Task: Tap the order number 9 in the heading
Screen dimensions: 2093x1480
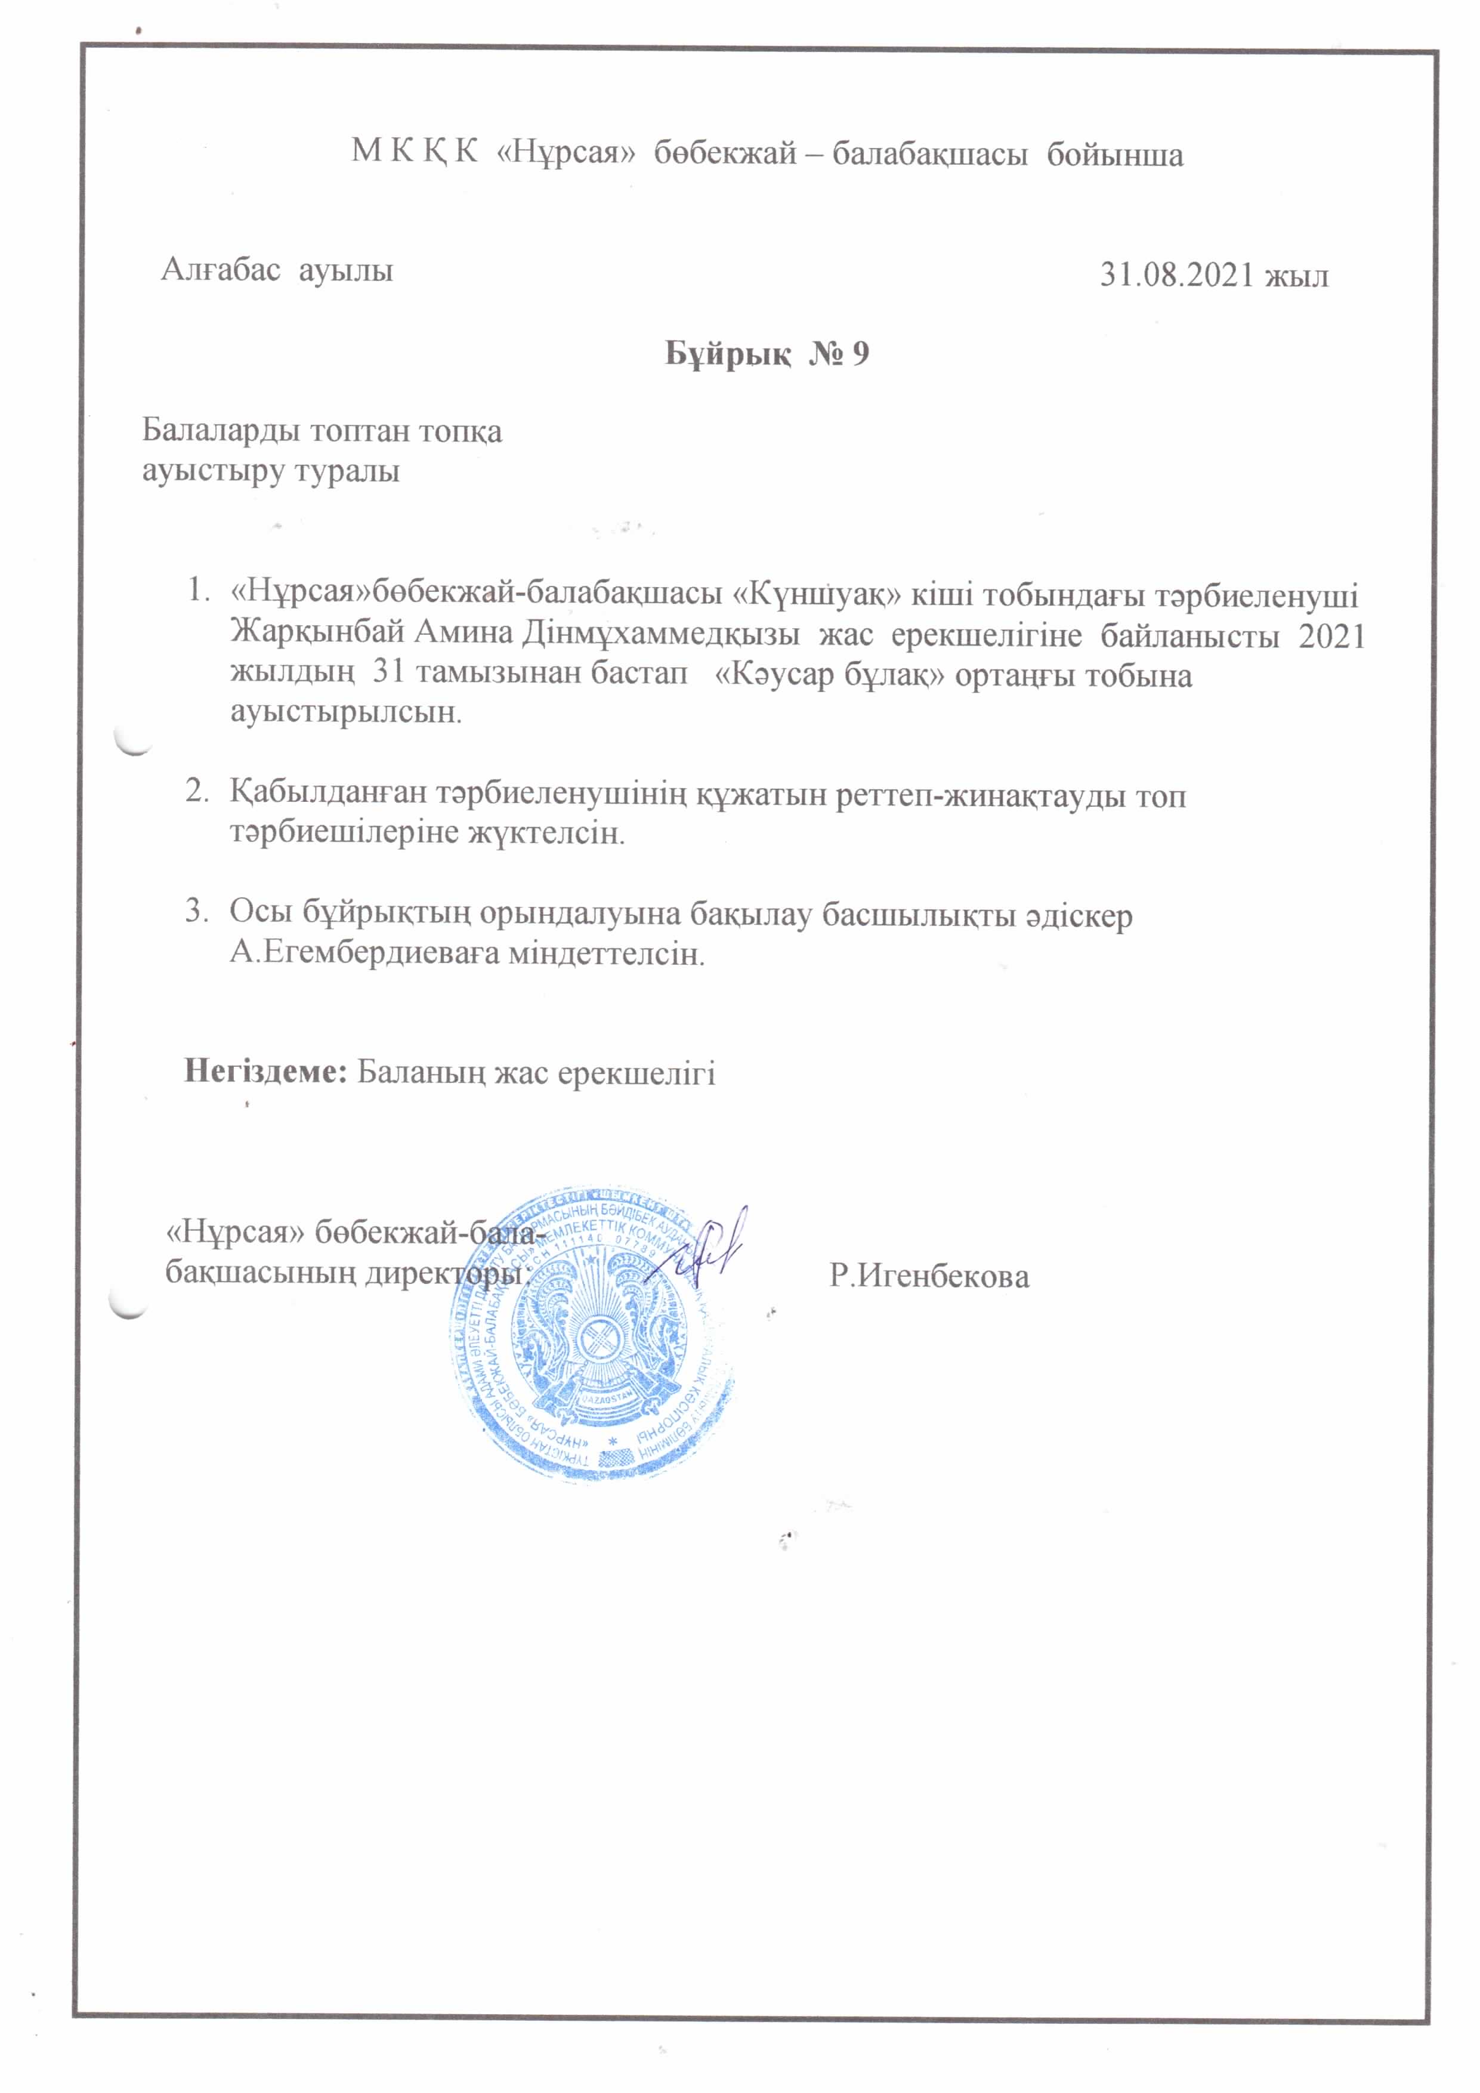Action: pos(860,354)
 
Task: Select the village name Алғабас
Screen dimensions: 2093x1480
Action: pos(220,270)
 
